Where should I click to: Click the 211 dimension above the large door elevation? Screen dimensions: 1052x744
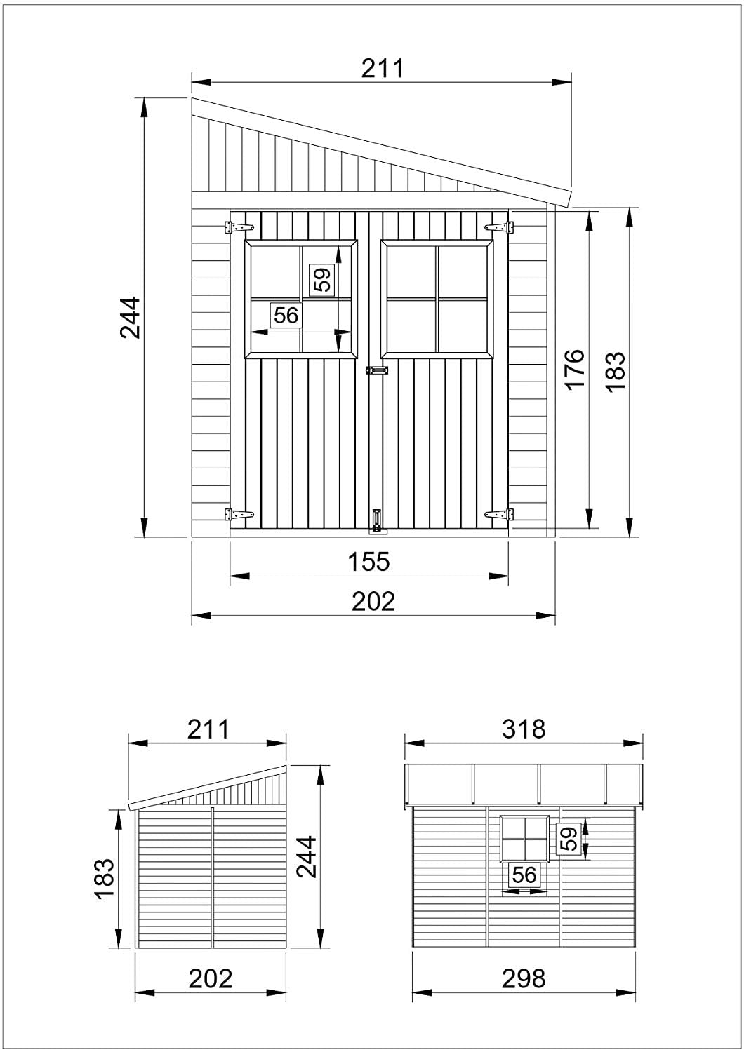383,68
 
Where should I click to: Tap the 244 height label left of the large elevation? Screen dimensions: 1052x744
131,318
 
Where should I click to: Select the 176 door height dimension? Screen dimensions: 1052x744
574,369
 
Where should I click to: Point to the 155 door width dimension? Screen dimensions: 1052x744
369,561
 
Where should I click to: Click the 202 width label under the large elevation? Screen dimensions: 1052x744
373,601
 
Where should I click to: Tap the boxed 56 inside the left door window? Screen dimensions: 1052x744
286,315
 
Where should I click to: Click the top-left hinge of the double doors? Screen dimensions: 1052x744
239,227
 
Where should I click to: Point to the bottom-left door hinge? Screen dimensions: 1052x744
239,515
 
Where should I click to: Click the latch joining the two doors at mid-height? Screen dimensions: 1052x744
376,369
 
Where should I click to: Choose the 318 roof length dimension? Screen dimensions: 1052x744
524,729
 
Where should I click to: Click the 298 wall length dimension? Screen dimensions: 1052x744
524,978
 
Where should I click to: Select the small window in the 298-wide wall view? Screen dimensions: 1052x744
524,838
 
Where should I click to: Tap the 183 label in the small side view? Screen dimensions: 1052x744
103,878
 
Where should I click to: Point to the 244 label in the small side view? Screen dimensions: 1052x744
307,856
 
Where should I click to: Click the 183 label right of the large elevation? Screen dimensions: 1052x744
615,370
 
